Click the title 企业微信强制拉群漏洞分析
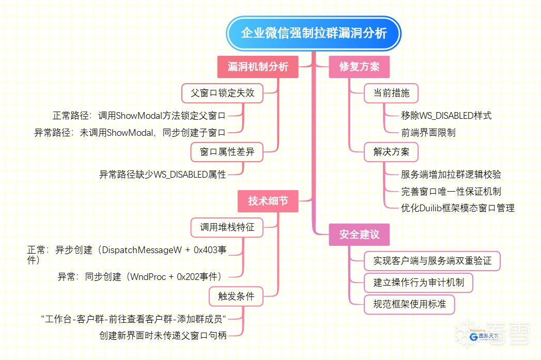(x=314, y=33)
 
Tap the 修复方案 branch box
(x=359, y=67)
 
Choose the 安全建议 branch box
(x=359, y=234)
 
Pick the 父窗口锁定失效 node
(x=222, y=93)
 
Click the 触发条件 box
(x=236, y=296)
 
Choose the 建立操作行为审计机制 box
(x=419, y=283)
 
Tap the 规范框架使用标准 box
(x=409, y=304)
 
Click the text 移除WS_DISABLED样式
(x=446, y=116)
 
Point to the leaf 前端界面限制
(x=428, y=133)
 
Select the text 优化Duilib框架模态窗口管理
(x=457, y=208)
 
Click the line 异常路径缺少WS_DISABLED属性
(x=163, y=175)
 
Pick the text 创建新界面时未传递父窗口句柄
(x=163, y=335)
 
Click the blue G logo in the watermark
(x=474, y=337)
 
